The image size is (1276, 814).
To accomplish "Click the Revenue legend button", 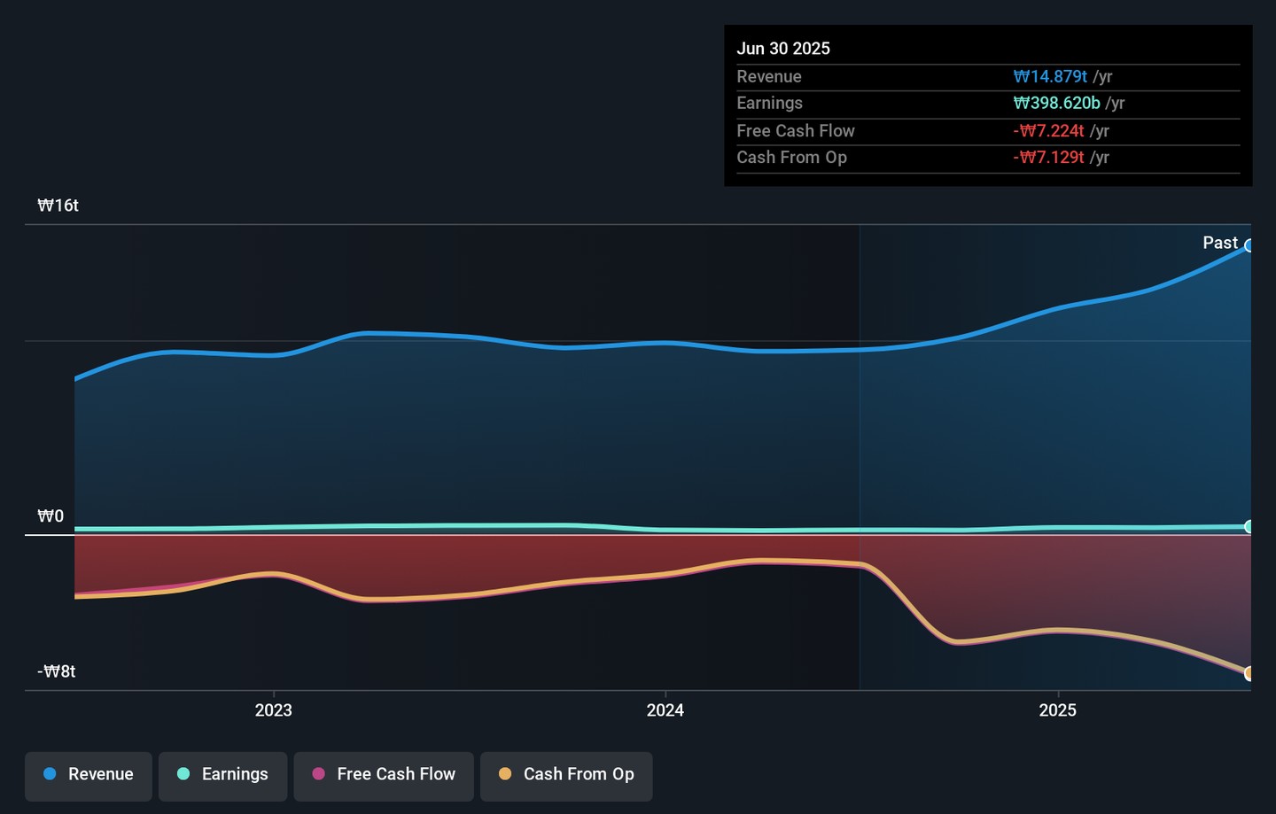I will [x=89, y=775].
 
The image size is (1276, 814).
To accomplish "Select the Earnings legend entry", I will [x=223, y=775].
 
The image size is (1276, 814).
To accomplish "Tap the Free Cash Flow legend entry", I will [x=384, y=775].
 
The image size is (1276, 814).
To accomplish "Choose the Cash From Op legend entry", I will [x=566, y=775].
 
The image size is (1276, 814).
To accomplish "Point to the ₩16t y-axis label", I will [x=58, y=205].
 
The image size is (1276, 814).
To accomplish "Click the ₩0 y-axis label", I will [x=51, y=516].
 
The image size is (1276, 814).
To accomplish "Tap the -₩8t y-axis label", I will [x=57, y=671].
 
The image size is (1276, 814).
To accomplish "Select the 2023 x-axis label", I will [x=273, y=710].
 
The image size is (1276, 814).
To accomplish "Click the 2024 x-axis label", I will [x=665, y=710].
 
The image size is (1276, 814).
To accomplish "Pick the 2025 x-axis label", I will [x=1057, y=710].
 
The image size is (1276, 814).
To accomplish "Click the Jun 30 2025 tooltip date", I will [x=783, y=49].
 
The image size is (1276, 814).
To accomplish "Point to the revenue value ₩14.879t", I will [x=1050, y=77].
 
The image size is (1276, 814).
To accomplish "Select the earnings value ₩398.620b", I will [x=1056, y=104].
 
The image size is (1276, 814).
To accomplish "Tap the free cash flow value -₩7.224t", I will [x=1048, y=131].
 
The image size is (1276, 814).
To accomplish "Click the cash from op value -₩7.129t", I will [x=1048, y=158].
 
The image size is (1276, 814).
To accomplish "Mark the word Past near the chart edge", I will [x=1220, y=243].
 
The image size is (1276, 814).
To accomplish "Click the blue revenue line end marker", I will [x=1249, y=246].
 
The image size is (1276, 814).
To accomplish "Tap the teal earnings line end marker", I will [x=1249, y=527].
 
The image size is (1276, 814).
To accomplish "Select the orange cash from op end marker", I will [x=1249, y=673].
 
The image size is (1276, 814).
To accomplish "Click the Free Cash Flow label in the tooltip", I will [x=796, y=131].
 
